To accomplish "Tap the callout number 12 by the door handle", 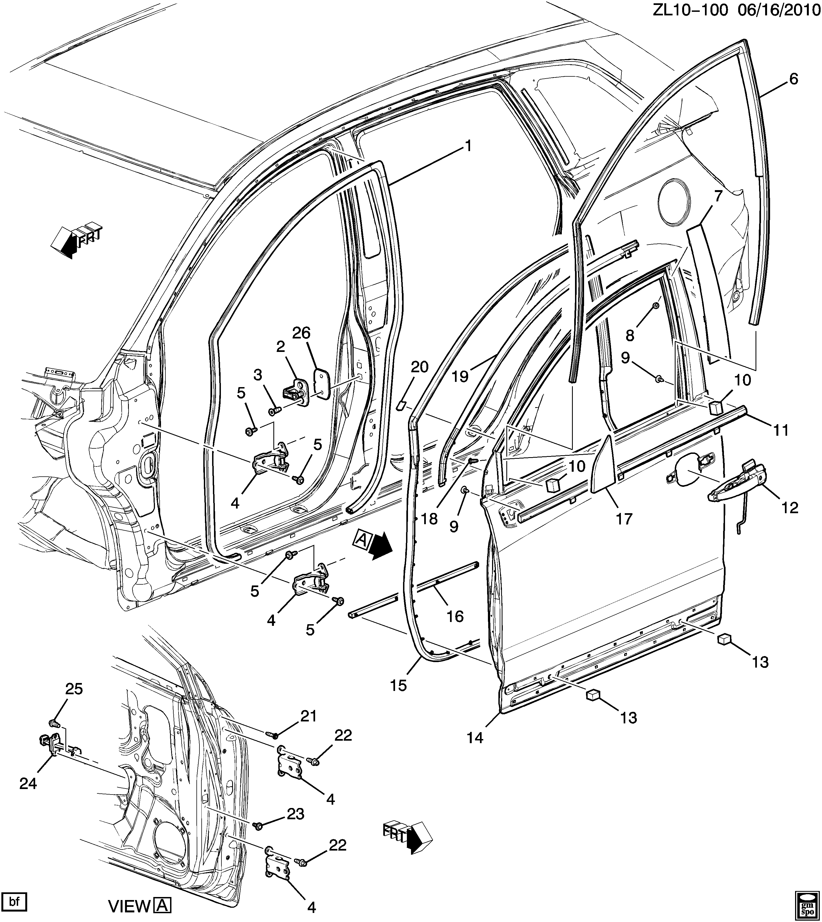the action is [789, 508].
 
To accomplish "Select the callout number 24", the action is [28, 784].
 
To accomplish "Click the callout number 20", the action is [419, 367].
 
